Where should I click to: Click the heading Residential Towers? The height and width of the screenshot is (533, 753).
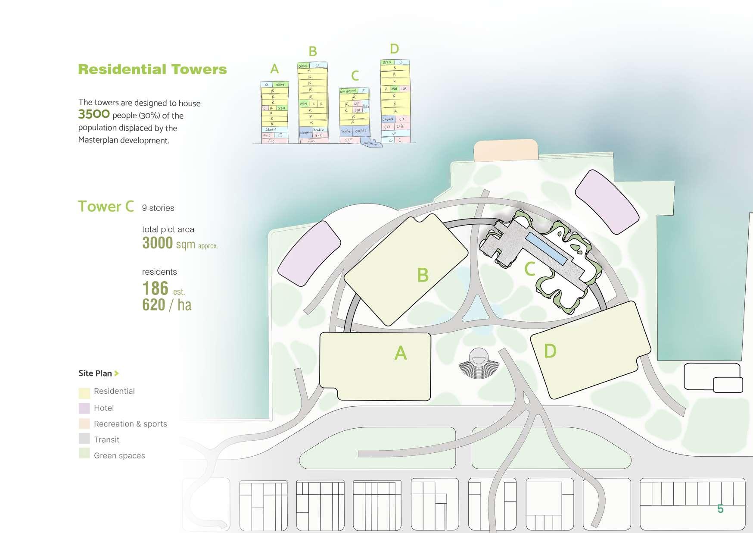pos(152,69)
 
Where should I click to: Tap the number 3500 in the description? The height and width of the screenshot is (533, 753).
pos(94,114)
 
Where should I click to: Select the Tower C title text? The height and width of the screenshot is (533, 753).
pos(106,207)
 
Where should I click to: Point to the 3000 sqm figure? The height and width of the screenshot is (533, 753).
pos(168,244)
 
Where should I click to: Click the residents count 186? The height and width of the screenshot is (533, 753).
pos(155,288)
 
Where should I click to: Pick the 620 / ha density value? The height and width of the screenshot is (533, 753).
pos(167,305)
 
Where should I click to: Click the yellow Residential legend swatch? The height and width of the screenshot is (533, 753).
pos(84,392)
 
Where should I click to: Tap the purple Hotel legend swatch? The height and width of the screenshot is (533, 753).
pos(84,408)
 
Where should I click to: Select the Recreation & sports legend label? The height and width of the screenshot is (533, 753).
pos(130,424)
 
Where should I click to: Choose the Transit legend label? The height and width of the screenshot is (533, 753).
pos(106,440)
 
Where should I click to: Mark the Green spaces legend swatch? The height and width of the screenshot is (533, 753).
pos(84,454)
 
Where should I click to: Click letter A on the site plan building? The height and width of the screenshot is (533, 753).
pos(401,353)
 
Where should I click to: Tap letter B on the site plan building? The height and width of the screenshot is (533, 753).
pos(423,275)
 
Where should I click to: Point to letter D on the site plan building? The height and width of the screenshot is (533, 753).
pos(550,351)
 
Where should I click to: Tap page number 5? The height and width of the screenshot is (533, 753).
pos(720,509)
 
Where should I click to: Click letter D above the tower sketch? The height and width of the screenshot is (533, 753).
pos(394,49)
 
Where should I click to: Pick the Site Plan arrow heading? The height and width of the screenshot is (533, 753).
pos(98,373)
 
